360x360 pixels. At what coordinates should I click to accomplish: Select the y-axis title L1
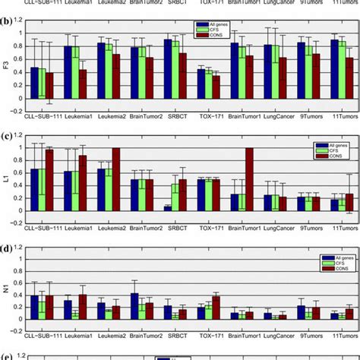[6, 178]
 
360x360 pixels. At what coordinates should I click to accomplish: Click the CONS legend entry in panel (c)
[339, 156]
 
